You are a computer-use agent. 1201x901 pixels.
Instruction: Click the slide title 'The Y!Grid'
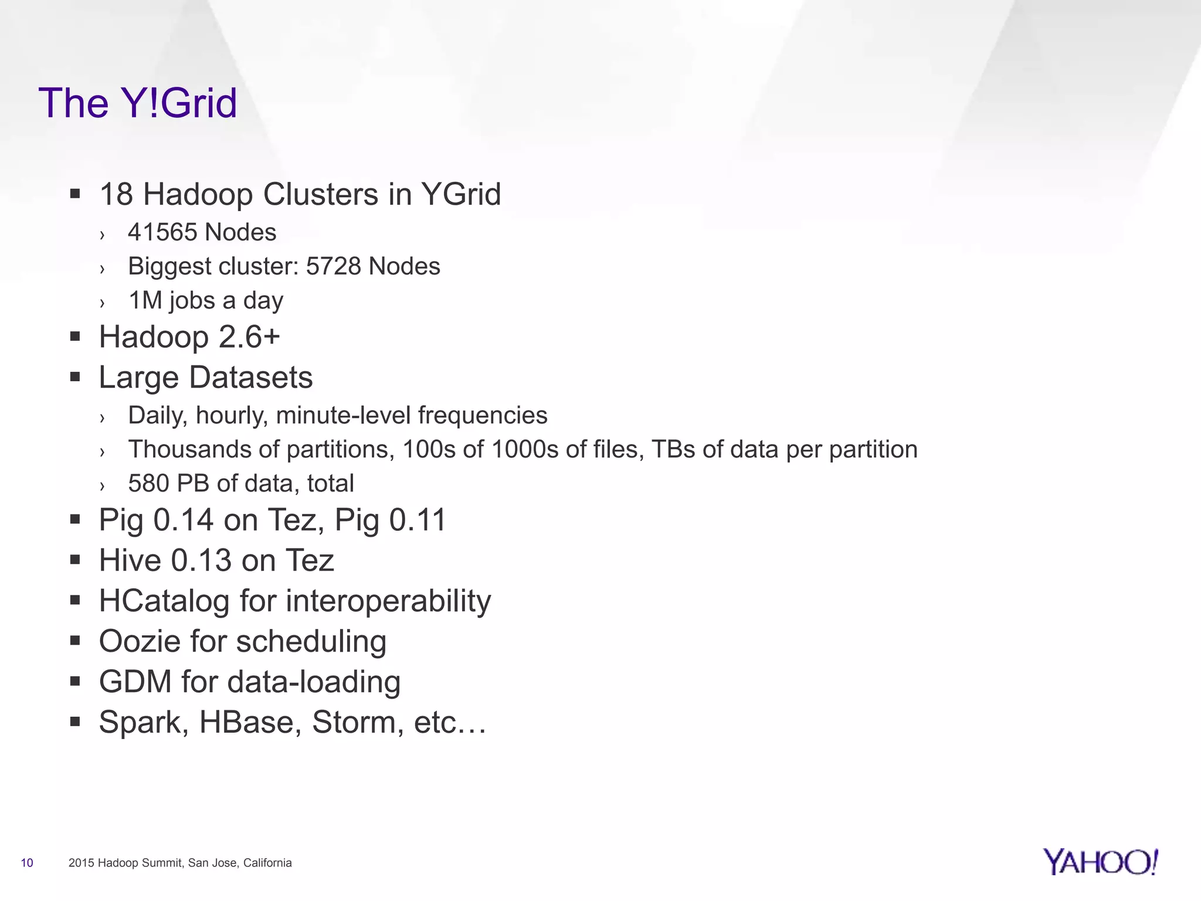pos(138,103)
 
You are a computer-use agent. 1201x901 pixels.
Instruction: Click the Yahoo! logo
pos(1100,862)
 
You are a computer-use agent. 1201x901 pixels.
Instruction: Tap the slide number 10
pos(27,863)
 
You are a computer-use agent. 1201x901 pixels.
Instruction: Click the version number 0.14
pos(183,520)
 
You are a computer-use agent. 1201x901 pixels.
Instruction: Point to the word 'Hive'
pos(130,560)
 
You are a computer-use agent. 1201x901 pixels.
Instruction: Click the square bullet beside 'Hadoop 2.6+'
pos(74,337)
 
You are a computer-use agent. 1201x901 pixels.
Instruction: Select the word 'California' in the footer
pos(267,863)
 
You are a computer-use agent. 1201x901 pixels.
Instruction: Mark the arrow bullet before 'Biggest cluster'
pos(103,269)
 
